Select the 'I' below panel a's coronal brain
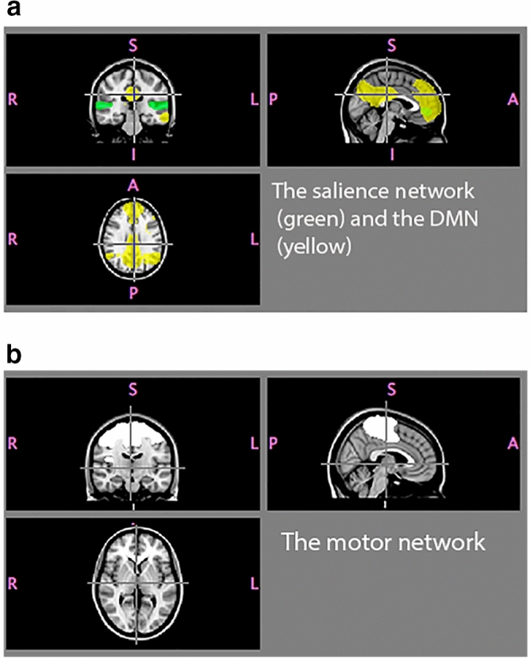(x=133, y=154)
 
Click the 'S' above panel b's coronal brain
(x=133, y=388)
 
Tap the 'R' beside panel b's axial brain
(x=12, y=583)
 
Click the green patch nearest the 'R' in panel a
(x=102, y=105)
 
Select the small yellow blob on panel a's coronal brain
(x=165, y=117)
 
